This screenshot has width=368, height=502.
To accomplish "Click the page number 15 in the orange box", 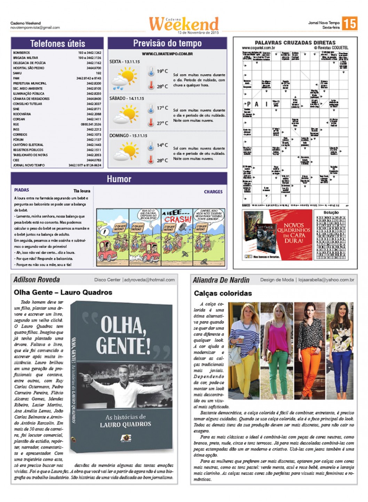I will point(349,23).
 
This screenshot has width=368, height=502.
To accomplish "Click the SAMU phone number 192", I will point(98,73).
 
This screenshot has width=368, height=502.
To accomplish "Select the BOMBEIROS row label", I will point(22,53).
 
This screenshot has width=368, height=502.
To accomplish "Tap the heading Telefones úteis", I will point(57,43).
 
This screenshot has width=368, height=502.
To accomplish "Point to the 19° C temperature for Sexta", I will point(162,71).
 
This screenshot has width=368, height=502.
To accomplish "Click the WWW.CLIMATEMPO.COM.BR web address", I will point(167,54).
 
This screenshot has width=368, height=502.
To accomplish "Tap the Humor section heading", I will point(119,179).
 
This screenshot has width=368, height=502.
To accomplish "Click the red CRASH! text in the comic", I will point(177,219).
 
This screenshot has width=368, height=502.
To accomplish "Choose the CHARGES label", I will point(213,192).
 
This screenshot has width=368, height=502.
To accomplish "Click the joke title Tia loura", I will point(82,191).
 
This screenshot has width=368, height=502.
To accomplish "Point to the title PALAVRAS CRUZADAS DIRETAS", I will point(295,42).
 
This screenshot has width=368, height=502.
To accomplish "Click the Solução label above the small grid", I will point(331,212).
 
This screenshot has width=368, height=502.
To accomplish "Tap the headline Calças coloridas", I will point(223,293).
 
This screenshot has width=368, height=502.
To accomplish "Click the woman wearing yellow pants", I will point(244,351).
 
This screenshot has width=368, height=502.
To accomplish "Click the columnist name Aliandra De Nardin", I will point(221,280).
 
